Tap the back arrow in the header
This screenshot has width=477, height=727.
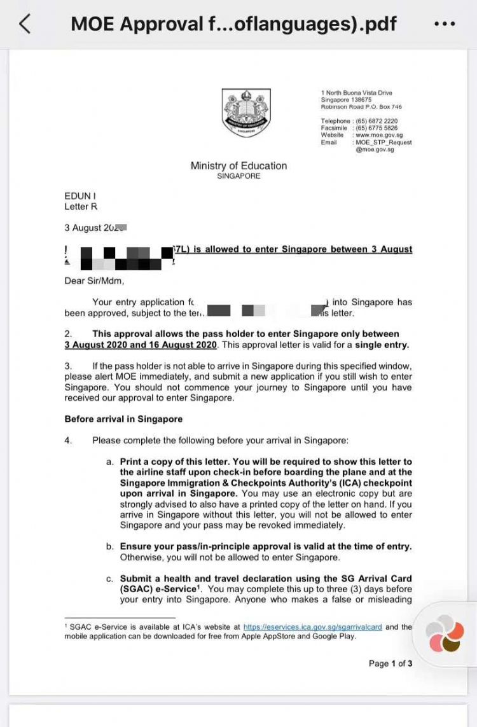[x=24, y=24]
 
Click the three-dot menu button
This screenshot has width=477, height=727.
[x=444, y=24]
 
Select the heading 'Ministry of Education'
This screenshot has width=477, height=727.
[x=238, y=165]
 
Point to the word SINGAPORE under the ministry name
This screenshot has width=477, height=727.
[x=238, y=176]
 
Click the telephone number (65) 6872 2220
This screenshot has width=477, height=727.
[x=377, y=121]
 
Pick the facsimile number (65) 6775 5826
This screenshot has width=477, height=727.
[x=377, y=128]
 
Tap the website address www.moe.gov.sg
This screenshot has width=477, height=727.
[x=379, y=135]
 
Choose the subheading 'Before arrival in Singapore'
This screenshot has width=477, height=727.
[x=123, y=419]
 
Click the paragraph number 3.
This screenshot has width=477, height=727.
[x=68, y=366]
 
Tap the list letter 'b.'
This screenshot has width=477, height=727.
[x=110, y=546]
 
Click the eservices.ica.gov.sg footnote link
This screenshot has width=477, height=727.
[x=312, y=627]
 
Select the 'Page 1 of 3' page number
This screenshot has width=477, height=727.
[x=391, y=663]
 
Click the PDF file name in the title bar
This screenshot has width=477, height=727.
[x=233, y=24]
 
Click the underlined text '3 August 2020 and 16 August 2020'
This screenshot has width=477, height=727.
[x=141, y=345]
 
